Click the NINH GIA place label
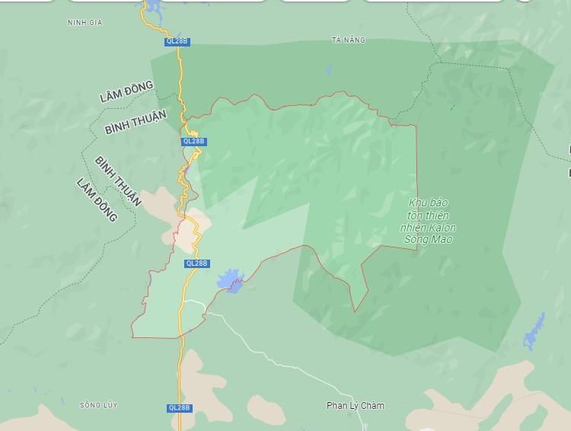point(85,23)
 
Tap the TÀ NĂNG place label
point(349,40)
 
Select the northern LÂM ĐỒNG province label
point(126,92)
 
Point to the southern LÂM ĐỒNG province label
point(97,200)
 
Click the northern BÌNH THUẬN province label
point(136,123)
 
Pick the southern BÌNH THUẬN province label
point(118,181)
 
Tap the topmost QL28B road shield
point(176,41)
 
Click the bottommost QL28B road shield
point(180,408)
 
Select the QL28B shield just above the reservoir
point(196,263)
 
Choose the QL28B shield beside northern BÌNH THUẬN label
point(194,142)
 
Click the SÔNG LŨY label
point(99,405)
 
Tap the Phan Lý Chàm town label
point(356,406)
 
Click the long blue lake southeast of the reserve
point(534,332)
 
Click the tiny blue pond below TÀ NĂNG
point(329,70)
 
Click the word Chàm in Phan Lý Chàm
point(372,406)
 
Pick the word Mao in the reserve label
point(441,239)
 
